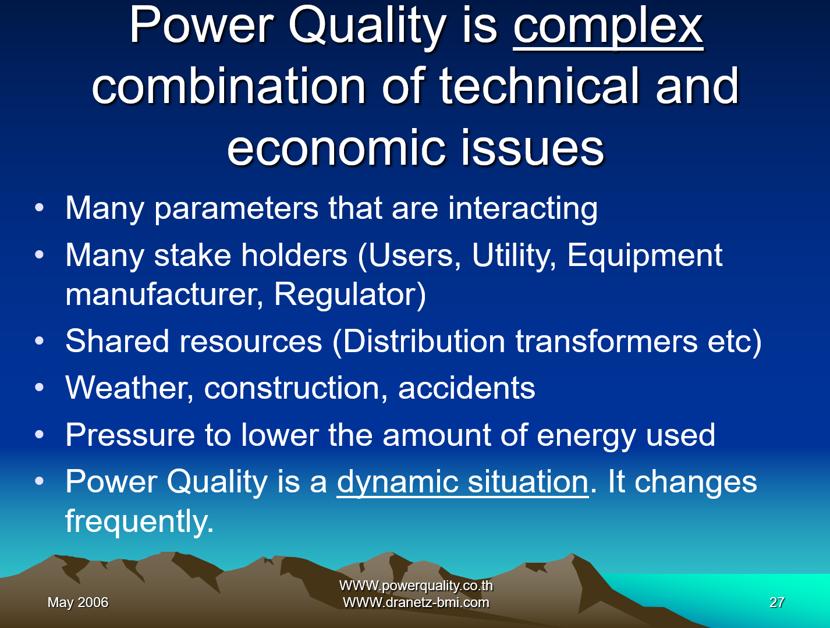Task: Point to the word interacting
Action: coord(523,209)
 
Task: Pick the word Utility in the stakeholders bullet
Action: coord(514,256)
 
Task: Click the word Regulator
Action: coord(350,295)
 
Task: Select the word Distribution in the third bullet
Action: coord(424,342)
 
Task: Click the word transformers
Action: coord(606,342)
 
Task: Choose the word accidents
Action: coord(467,388)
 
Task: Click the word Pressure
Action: coord(130,435)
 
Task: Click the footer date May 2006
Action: coord(78,602)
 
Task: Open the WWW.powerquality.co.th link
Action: coord(416,586)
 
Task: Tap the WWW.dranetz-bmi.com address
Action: coord(416,602)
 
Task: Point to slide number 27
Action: coord(776,602)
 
